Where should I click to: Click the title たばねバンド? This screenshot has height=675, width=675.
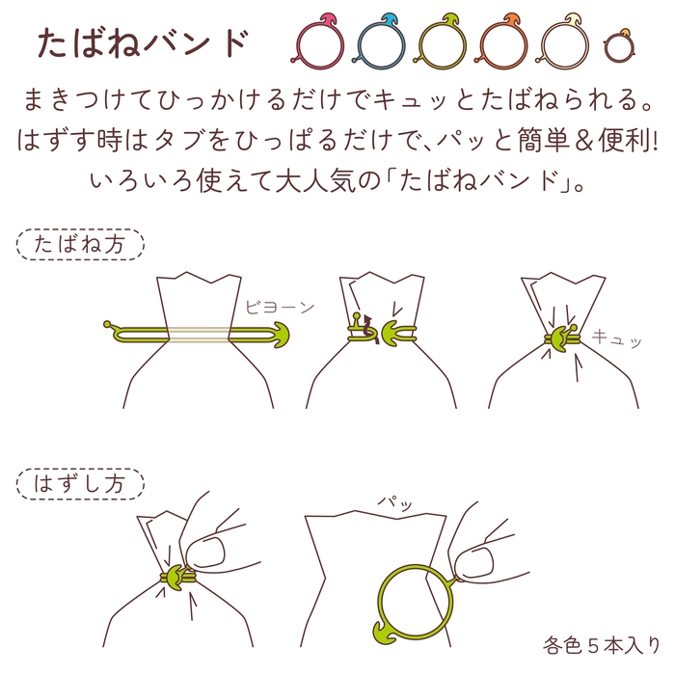tap(143, 42)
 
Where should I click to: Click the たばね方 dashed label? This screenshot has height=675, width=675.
tap(79, 245)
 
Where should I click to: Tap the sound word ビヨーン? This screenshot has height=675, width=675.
tap(280, 308)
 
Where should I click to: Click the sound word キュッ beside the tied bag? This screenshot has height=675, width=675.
tap(615, 337)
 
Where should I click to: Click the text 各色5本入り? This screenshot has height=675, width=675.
tap(601, 644)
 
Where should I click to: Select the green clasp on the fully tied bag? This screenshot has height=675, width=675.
tap(559, 340)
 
